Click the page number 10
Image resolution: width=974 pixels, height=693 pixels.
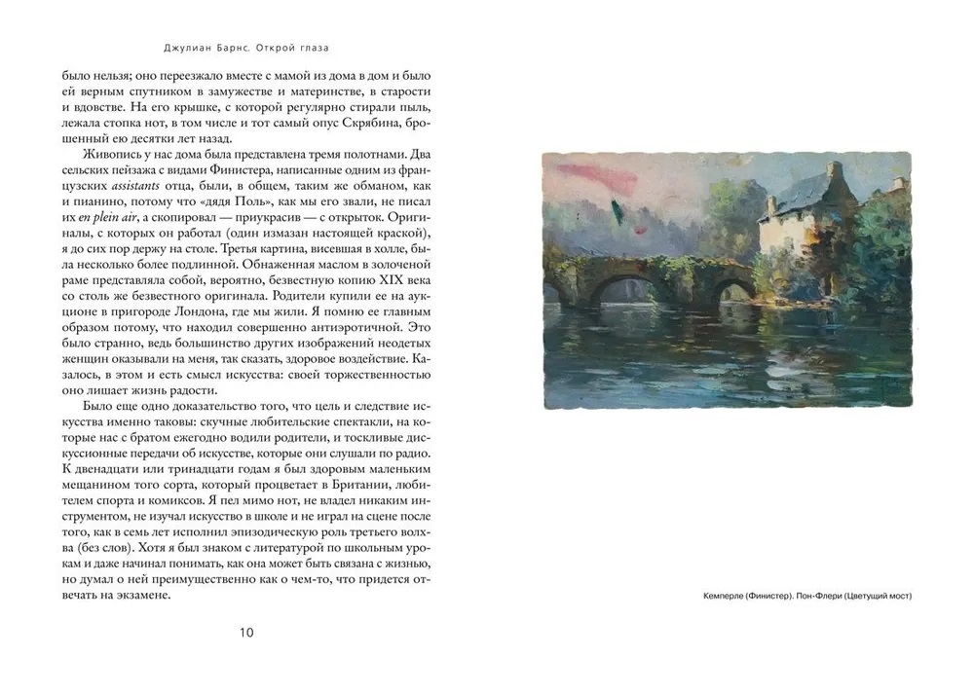(245, 634)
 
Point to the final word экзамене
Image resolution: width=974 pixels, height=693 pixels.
(150, 596)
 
